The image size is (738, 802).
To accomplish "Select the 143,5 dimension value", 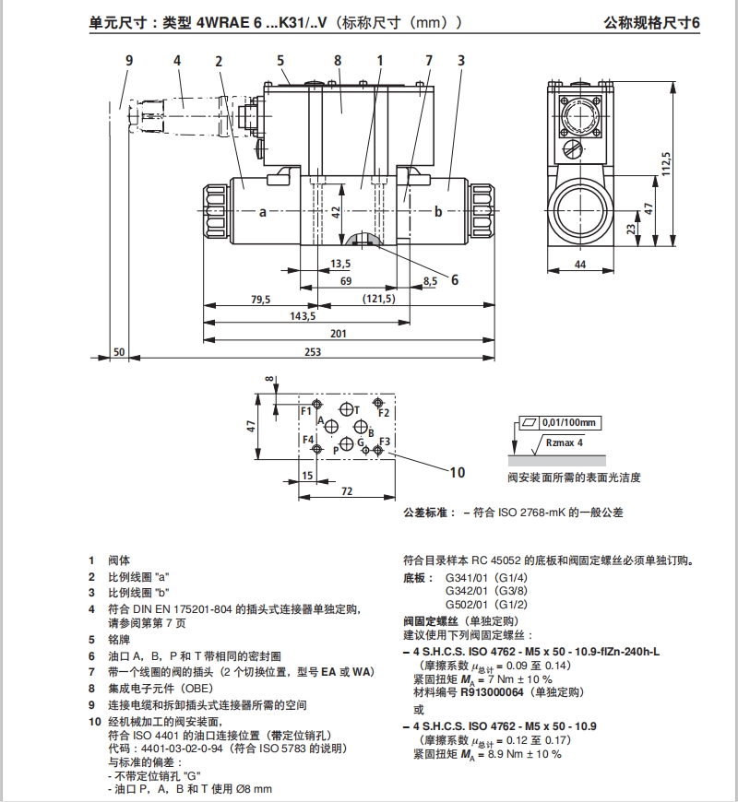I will pos(303,316).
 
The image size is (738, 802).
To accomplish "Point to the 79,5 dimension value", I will pos(260,299).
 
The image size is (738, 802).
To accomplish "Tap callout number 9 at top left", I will pos(130,61).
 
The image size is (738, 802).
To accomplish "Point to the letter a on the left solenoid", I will pos(262,212).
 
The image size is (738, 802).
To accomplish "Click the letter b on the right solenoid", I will pos(438,212).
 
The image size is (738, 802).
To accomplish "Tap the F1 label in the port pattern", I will pos(306,409).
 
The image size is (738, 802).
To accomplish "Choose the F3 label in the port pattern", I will pos(385,441).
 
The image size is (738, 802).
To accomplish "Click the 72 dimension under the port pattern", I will pos(346,492).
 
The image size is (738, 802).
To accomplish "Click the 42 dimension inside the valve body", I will pos(338,211).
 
